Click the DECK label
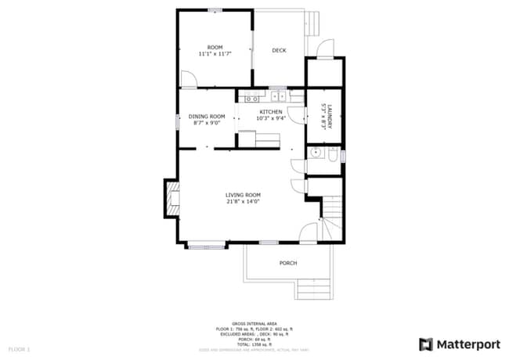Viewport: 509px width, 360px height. tap(279, 51)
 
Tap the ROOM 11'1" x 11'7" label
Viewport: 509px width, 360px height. tap(215, 51)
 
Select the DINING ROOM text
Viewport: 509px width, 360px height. tap(207, 120)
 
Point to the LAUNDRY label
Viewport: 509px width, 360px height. tap(323, 117)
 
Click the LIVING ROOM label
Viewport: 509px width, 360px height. tap(243, 198)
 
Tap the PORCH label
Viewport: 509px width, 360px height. tap(288, 263)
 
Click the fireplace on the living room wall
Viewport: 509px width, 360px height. tap(170, 199)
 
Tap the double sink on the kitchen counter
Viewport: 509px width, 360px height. tap(278, 97)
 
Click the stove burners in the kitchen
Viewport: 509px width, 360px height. tap(251, 98)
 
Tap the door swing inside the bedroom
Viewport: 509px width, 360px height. tap(188, 79)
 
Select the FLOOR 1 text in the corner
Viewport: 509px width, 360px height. tap(19, 348)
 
